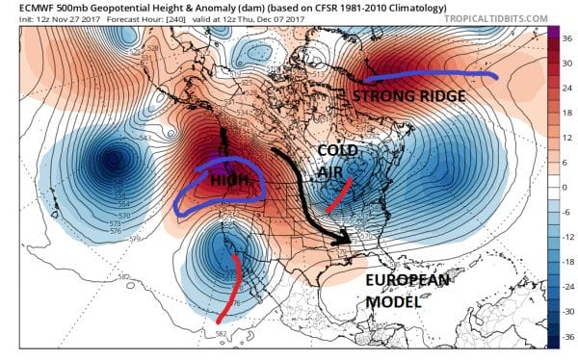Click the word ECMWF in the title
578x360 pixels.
[x=21, y=8]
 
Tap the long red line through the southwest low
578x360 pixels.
[x=229, y=289]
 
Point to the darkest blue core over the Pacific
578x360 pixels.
[x=115, y=160]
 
